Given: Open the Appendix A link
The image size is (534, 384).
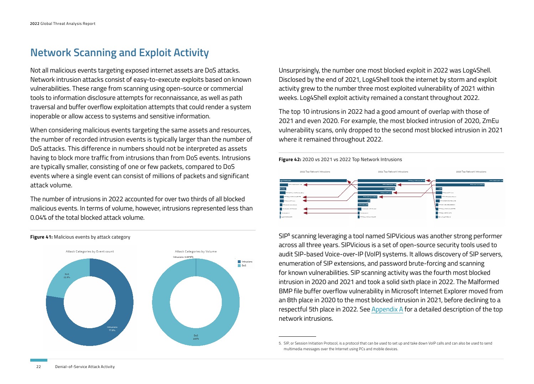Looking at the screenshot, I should coord(387,309).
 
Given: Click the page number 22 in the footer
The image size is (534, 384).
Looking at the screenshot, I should coord(38,367).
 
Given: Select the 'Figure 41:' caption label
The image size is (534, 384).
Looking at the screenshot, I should coord(42,237).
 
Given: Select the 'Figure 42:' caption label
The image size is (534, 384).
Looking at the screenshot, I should coord(290,159).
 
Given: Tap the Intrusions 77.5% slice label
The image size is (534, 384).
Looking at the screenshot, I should coord(112,329).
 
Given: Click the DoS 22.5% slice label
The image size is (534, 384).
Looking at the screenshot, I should coord(67,276).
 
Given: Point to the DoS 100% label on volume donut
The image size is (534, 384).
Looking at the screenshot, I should coord(196,337).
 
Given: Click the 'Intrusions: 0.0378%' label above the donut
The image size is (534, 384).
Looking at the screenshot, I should coord(183,257).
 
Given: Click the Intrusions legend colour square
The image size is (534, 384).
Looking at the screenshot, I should coord(239,262).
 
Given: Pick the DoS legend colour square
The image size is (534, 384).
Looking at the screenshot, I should coord(239,266).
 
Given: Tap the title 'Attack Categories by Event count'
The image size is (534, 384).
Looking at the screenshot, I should coord(90,251).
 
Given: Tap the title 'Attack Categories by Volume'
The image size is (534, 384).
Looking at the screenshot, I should coord(196,251).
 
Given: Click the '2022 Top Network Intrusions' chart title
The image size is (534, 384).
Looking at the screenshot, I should coord(315,172).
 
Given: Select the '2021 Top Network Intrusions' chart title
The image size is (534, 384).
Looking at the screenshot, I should coord(393,172).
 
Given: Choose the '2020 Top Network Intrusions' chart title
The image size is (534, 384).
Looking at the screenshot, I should coord(471,172).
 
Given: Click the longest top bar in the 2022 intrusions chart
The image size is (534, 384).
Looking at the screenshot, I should coord(313,181).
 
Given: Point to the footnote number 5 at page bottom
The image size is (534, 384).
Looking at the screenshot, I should coord(280,343).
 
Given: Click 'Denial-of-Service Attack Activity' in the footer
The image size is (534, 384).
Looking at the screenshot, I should coord(85,367).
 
